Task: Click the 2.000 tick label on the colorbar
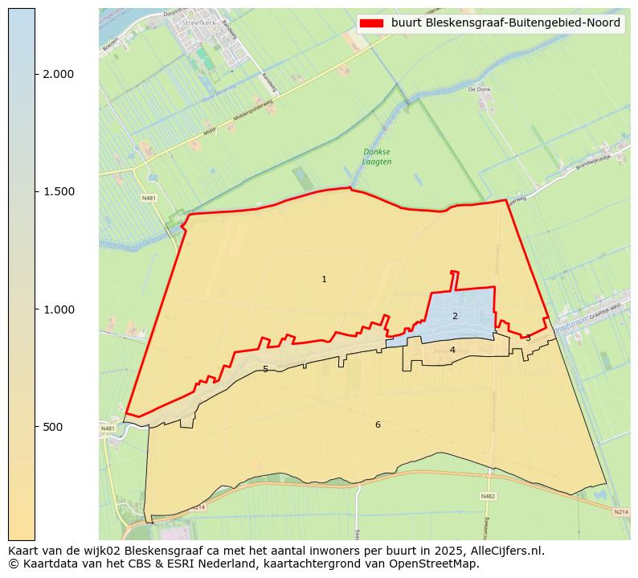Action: (x=58, y=74)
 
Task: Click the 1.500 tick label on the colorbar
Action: (x=58, y=191)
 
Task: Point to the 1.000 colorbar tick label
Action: (x=58, y=309)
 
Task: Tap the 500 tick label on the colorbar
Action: (x=53, y=427)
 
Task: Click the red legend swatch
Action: (x=372, y=23)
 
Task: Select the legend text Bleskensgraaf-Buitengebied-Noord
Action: (x=505, y=23)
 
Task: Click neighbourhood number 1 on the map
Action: (x=324, y=280)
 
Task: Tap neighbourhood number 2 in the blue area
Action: (x=455, y=316)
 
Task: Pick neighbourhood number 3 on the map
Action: (x=528, y=338)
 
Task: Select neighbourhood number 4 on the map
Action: (x=452, y=350)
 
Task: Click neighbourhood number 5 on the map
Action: (x=265, y=370)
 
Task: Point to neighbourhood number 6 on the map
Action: (x=378, y=424)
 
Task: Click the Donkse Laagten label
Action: (x=377, y=157)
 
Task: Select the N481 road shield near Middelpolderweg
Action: (x=149, y=198)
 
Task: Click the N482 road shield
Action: (x=488, y=496)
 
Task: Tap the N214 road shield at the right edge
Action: (x=620, y=512)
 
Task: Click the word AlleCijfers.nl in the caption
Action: (x=505, y=551)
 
